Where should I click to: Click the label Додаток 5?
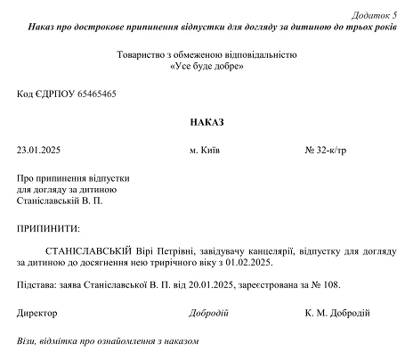(x=375, y=16)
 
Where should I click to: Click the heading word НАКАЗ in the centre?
(x=206, y=120)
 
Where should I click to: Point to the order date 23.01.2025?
(x=38, y=150)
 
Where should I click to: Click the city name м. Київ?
(x=206, y=150)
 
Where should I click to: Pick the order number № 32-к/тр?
(x=325, y=150)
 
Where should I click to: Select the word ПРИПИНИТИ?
(x=48, y=228)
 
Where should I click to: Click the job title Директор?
(x=36, y=313)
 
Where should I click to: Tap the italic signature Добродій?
(x=209, y=313)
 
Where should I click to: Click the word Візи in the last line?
(x=27, y=341)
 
